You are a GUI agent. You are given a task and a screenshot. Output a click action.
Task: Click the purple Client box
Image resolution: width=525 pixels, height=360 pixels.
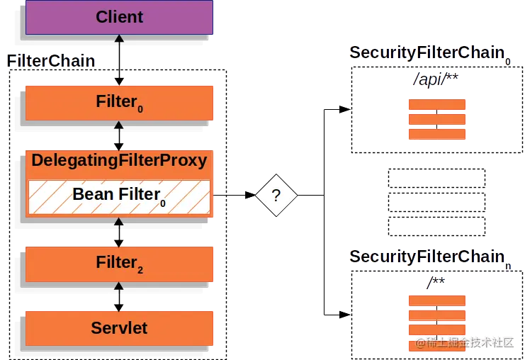click(x=119, y=17)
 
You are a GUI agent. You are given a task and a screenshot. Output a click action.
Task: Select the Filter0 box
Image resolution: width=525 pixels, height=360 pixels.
click(x=119, y=102)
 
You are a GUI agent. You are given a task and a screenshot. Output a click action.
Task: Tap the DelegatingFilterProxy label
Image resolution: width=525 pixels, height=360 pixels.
click(x=119, y=160)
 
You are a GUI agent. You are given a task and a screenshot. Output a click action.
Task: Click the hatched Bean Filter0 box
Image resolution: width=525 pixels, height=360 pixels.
click(x=119, y=196)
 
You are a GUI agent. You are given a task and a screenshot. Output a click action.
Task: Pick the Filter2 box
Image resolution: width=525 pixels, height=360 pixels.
click(x=119, y=264)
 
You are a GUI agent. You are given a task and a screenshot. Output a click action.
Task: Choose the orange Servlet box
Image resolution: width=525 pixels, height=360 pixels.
click(x=119, y=328)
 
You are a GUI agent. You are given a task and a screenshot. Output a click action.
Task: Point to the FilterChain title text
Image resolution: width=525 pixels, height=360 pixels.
click(x=50, y=61)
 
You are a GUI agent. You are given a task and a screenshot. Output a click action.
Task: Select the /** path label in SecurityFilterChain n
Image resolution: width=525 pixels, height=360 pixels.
click(x=436, y=283)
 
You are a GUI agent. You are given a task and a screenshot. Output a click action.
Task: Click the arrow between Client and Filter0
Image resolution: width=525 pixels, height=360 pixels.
click(x=119, y=60)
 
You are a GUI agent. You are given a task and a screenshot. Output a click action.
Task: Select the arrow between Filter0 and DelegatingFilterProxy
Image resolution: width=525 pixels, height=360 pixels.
click(x=119, y=135)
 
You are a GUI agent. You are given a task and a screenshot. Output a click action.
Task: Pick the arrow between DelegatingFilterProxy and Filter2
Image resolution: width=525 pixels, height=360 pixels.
click(x=119, y=230)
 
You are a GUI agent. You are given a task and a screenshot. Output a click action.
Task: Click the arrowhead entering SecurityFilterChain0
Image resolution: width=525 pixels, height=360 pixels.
click(x=344, y=109)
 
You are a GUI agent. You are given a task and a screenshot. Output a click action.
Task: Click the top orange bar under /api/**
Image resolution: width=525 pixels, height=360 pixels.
click(x=436, y=104)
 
